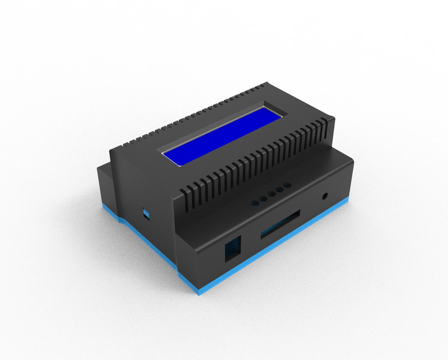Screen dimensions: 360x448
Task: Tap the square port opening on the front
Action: pyautogui.click(x=232, y=248)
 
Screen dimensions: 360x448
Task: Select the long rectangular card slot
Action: pyautogui.click(x=280, y=223)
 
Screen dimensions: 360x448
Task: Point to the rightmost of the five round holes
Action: pyautogui.click(x=288, y=185)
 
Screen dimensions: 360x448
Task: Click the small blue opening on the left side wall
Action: pyautogui.click(x=146, y=214)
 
